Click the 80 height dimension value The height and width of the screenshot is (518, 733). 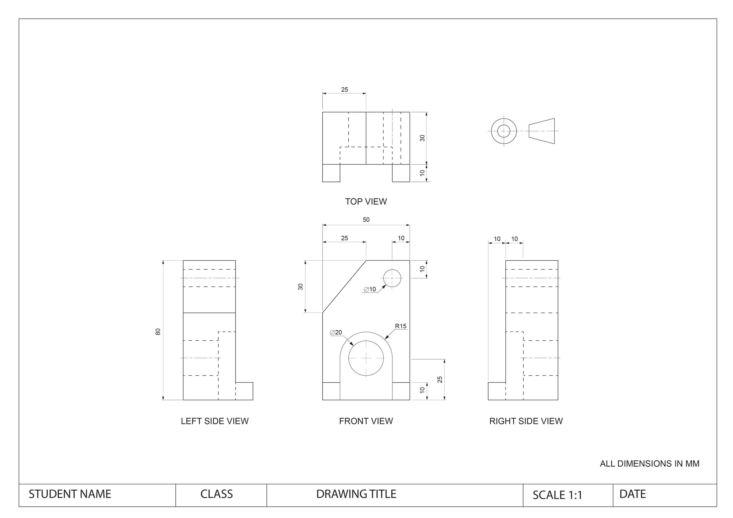(158, 332)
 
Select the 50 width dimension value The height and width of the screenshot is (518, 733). (366, 220)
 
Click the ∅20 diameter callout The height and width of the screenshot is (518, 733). (336, 332)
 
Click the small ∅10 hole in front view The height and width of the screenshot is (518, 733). (392, 278)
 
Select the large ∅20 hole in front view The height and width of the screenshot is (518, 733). (366, 358)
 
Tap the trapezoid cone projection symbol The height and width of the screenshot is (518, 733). (542, 131)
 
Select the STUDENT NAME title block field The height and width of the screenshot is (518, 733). (70, 494)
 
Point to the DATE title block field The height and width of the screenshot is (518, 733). (632, 494)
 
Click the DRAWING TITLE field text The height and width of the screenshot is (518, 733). (356, 494)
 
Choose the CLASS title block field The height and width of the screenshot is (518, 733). (216, 494)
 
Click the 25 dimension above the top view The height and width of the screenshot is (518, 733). (344, 90)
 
